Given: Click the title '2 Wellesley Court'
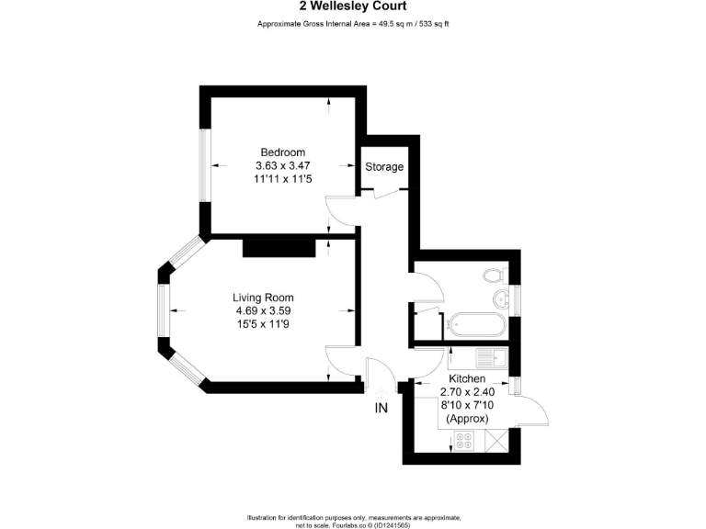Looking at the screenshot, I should click(353, 7).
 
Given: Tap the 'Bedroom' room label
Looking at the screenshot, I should click(282, 152).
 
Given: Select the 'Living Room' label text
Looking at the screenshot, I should click(263, 298).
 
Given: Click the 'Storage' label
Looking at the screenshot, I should click(384, 167).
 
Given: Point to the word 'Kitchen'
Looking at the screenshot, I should click(467, 378).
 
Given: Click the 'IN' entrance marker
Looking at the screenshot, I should click(381, 409).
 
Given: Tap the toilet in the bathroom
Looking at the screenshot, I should click(493, 275).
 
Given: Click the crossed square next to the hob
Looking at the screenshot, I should click(495, 443).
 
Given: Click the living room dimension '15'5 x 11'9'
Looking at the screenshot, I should click(263, 324).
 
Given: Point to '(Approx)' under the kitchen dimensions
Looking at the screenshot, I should click(467, 418).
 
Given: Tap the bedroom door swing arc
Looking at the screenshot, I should click(341, 210).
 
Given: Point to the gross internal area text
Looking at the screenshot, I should click(353, 23).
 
